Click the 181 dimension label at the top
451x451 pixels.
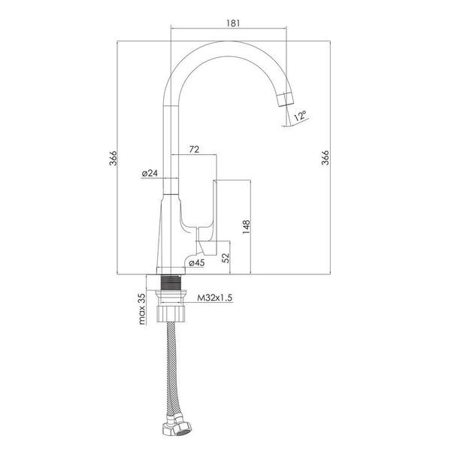pyautogui.click(x=233, y=23)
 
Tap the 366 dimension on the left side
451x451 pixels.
pyautogui.click(x=113, y=158)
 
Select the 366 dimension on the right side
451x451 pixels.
pyautogui.click(x=325, y=157)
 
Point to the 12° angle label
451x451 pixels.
pyautogui.click(x=301, y=116)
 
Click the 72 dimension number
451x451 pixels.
pyautogui.click(x=194, y=150)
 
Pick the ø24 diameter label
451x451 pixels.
pyautogui.click(x=150, y=173)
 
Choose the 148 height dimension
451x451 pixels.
pyautogui.click(x=247, y=227)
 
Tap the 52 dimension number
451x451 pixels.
pyautogui.click(x=226, y=257)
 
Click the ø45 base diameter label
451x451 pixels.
pyautogui.click(x=197, y=262)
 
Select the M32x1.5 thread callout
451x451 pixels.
pyautogui.click(x=214, y=298)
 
